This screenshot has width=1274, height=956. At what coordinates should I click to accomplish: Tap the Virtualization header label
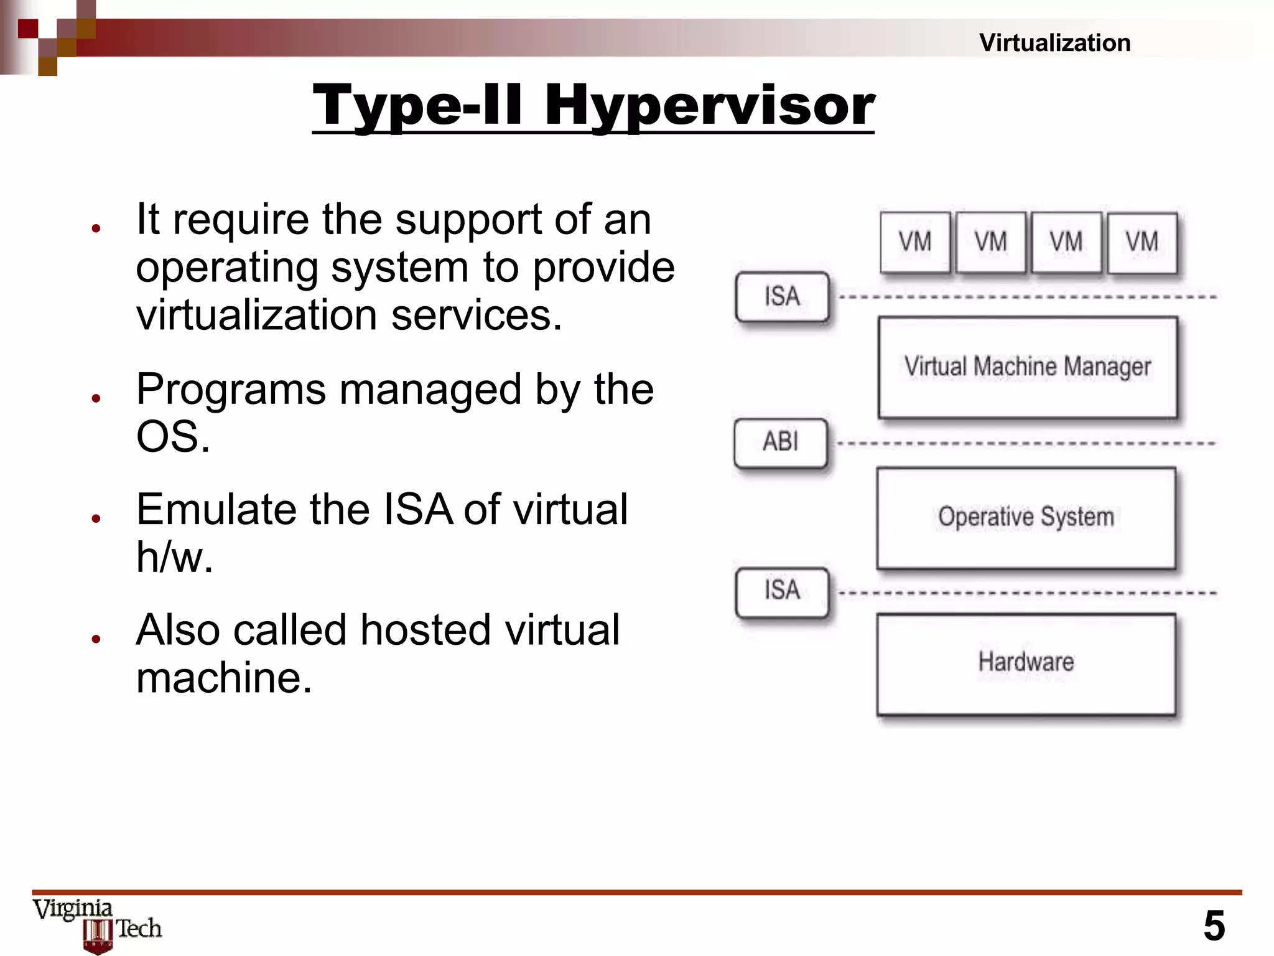[1054, 43]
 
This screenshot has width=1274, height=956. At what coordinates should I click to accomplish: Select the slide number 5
[1214, 926]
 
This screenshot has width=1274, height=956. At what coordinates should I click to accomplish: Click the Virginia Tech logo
[97, 924]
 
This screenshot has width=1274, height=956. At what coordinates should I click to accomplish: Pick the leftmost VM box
[915, 242]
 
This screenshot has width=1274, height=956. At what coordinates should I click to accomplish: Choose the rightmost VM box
[1142, 242]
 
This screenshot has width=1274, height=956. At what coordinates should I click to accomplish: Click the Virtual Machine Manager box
[1027, 367]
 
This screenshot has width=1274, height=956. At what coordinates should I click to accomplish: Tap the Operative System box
[1026, 518]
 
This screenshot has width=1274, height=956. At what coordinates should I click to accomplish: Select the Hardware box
[1026, 663]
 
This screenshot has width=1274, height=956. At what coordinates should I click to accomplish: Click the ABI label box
[781, 443]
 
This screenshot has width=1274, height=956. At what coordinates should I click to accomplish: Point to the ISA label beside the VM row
[782, 296]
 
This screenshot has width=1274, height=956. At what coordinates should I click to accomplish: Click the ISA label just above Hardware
[782, 591]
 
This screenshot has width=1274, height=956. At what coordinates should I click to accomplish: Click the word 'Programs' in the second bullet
[230, 389]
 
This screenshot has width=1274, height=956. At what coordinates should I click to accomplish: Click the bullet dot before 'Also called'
[96, 639]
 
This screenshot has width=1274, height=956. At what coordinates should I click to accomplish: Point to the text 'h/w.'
[174, 556]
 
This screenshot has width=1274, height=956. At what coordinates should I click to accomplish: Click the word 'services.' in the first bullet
[477, 315]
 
